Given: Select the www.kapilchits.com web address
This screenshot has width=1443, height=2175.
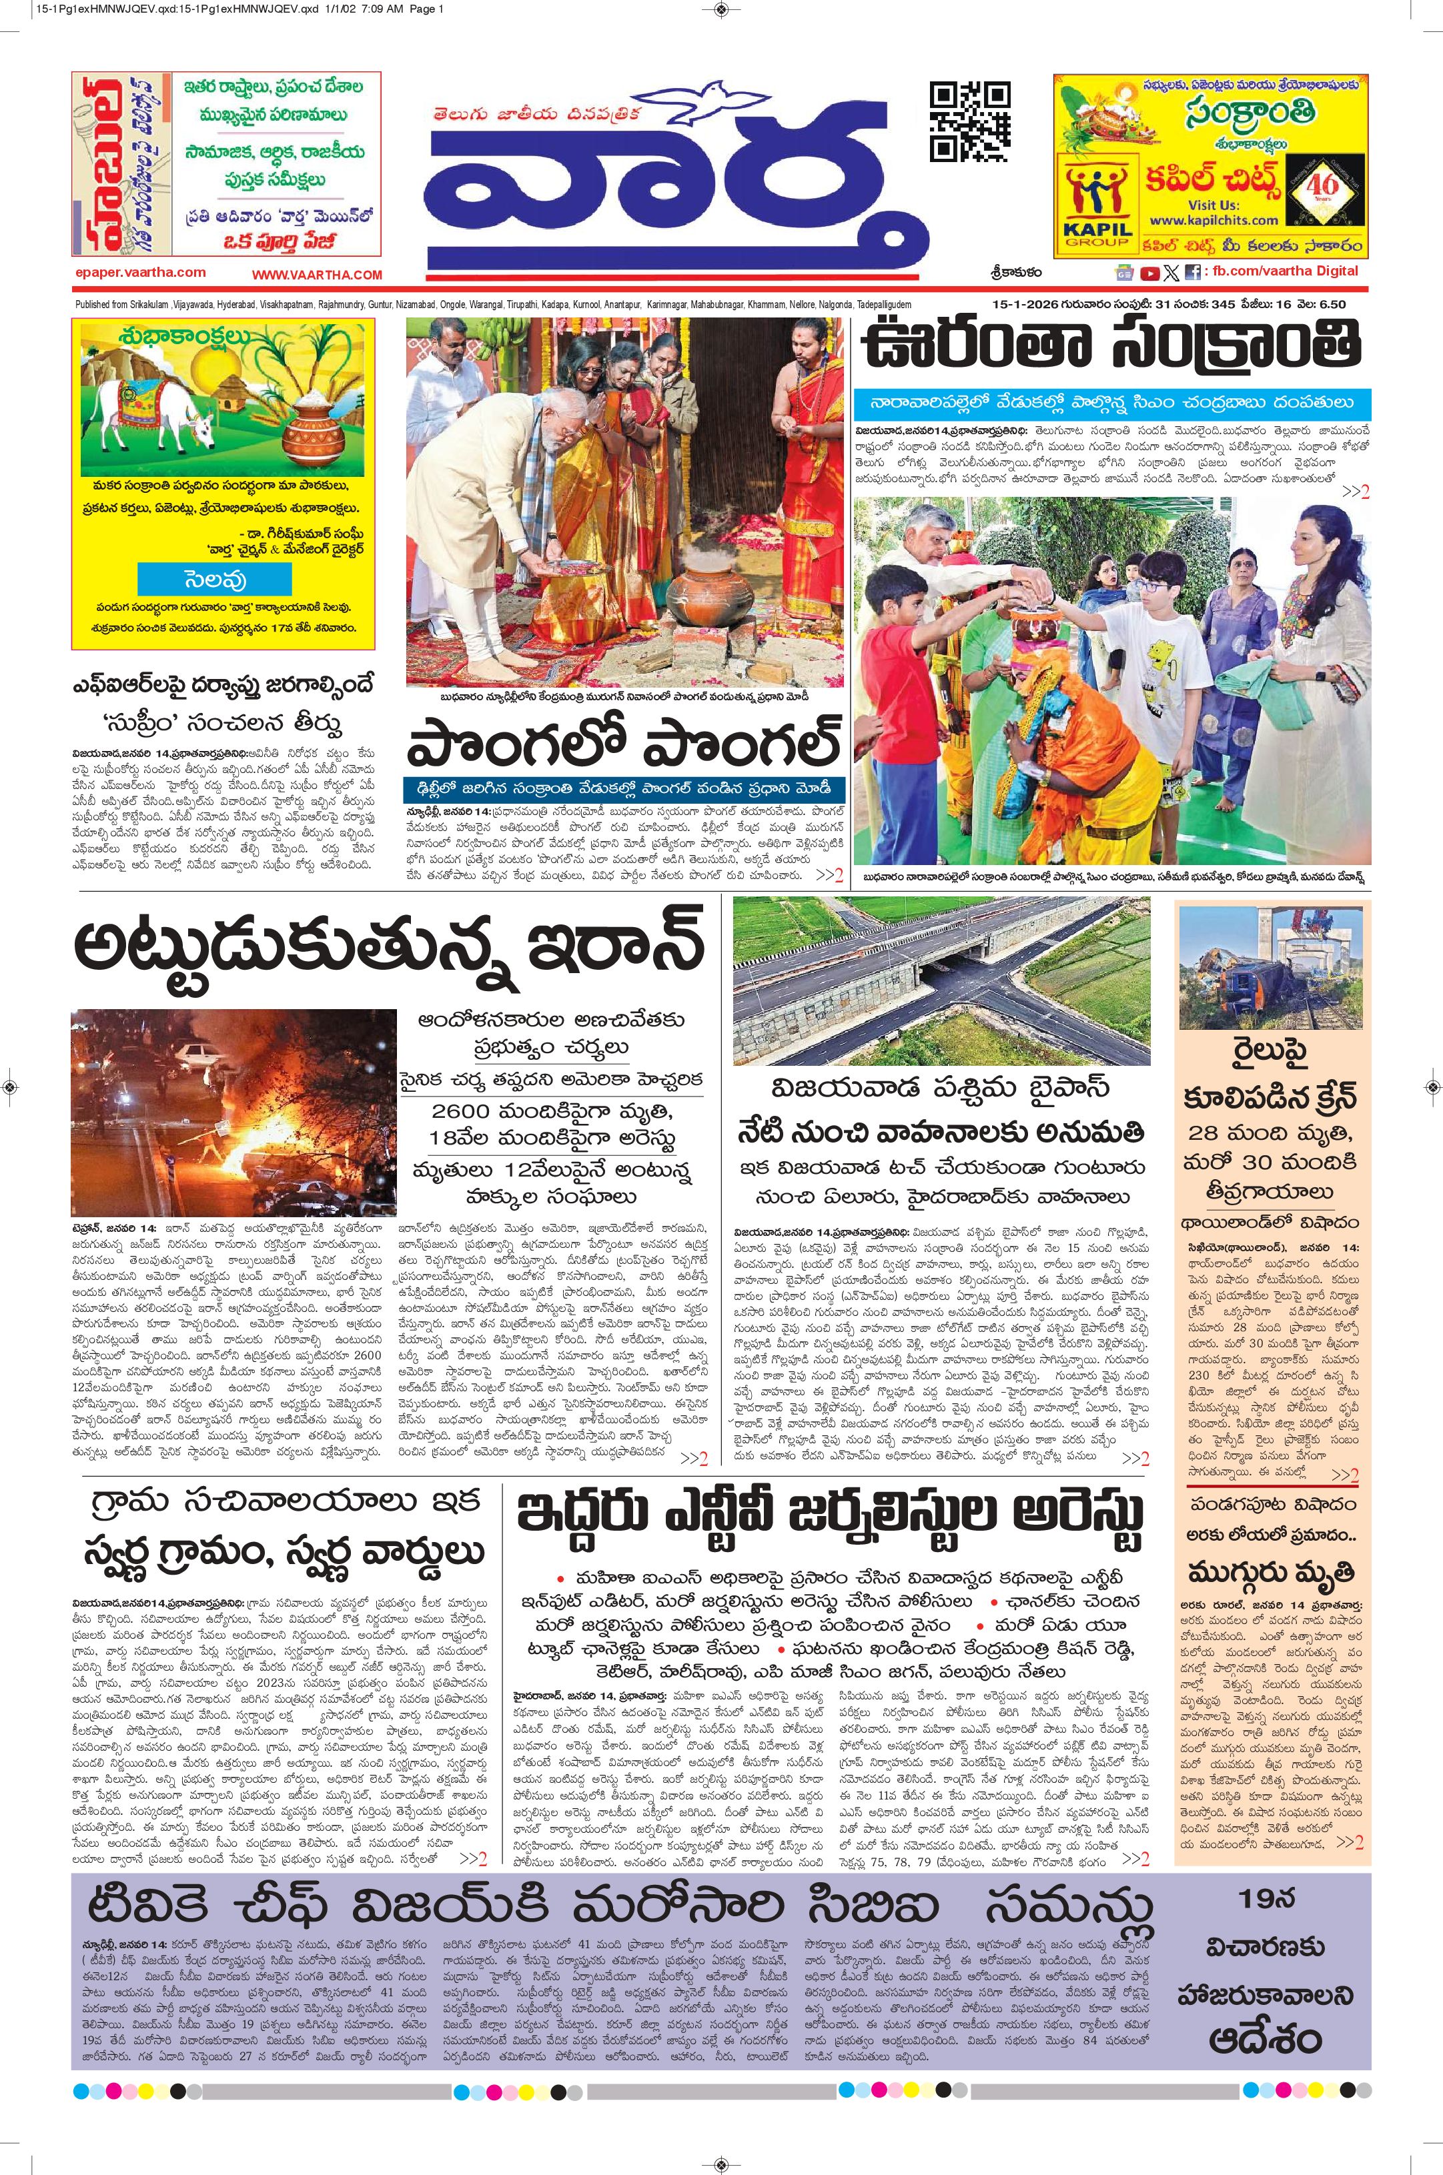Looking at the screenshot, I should click(1213, 220).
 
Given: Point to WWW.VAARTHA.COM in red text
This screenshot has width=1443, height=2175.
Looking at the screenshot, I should click(317, 274).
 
